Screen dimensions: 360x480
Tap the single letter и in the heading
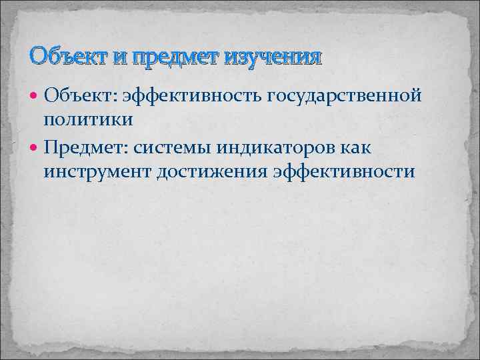point(120,57)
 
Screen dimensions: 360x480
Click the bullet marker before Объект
point(35,97)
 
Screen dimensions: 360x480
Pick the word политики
point(89,119)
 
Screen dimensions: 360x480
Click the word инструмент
point(97,172)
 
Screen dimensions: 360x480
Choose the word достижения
point(213,172)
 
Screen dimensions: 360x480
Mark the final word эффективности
point(343,172)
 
